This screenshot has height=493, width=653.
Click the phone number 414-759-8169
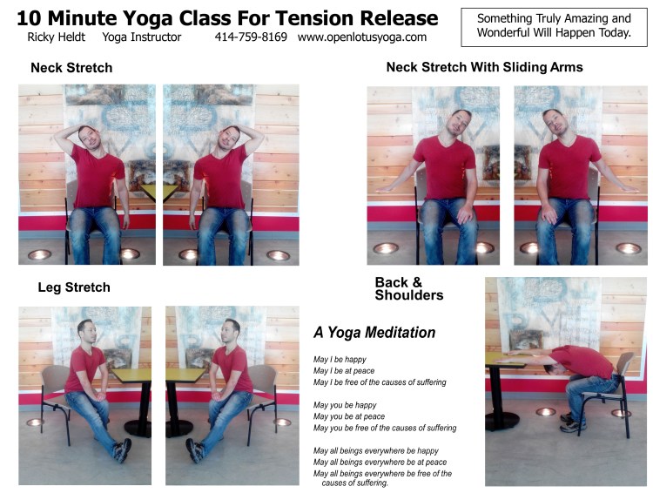(251, 37)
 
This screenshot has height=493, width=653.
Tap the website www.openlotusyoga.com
(362, 37)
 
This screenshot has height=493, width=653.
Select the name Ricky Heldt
(56, 37)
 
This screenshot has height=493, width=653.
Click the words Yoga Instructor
(141, 37)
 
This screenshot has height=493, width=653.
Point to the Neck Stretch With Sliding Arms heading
(484, 67)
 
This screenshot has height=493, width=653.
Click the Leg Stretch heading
(74, 287)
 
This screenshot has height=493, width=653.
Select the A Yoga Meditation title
(374, 333)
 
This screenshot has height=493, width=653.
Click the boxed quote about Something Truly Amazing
(553, 25)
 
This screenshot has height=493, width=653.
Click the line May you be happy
(345, 405)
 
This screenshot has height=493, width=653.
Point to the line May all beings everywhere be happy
(375, 450)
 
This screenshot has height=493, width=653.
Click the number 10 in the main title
(30, 17)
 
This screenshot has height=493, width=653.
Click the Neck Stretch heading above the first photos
(71, 68)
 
